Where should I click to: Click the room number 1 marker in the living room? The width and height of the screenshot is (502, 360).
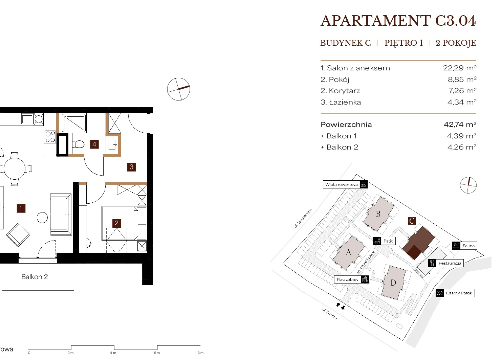[x=21, y=208]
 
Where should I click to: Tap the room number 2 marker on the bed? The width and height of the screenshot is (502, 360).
[x=116, y=223]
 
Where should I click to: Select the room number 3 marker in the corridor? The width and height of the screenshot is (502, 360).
[x=132, y=167]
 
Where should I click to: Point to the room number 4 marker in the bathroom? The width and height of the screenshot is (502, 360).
[x=94, y=144]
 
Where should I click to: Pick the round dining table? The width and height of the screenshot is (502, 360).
[x=15, y=169]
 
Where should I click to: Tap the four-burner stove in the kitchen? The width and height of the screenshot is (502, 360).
[x=50, y=137]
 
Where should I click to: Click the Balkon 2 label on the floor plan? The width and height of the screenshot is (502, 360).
[x=35, y=277]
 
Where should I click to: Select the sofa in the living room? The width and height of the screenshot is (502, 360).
[x=61, y=214]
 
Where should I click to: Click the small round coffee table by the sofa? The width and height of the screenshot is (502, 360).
[x=42, y=218]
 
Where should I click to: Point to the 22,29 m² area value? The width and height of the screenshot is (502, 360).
[x=460, y=68]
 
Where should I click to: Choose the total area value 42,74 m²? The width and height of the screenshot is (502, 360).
[x=460, y=125]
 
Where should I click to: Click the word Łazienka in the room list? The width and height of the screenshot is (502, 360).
[x=345, y=102]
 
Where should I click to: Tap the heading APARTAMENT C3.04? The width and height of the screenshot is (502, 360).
[x=398, y=21]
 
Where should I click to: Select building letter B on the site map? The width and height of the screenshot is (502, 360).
[x=378, y=214]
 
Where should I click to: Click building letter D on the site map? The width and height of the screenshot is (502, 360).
[x=393, y=283]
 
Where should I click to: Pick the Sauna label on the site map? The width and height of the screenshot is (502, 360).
[x=468, y=246]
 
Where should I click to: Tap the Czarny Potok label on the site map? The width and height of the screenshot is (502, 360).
[x=459, y=293]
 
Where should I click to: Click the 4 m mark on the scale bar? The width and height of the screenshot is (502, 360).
[x=113, y=353]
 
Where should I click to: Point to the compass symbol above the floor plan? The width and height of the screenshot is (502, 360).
[x=178, y=89]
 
